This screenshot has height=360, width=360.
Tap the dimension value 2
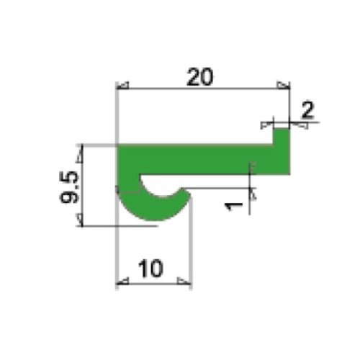coord(307,110)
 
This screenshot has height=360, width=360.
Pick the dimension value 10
coord(151,269)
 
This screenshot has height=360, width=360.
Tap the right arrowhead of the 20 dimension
coord(284,87)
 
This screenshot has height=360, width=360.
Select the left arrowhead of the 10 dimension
coord(122,282)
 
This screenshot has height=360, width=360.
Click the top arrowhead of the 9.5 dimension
coord(84,149)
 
